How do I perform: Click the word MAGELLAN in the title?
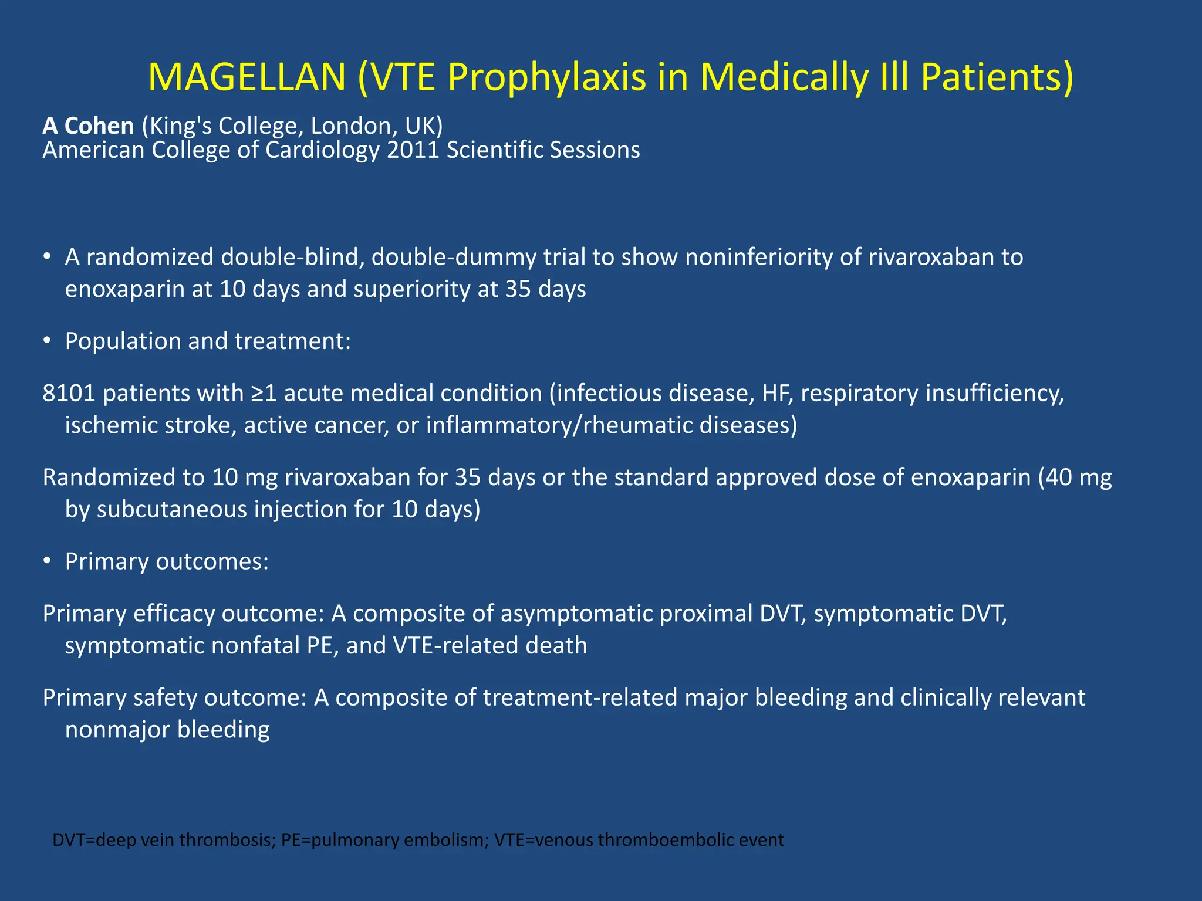(247, 77)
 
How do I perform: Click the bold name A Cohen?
(88, 126)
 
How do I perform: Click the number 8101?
(69, 394)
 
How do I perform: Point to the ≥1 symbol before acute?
(264, 394)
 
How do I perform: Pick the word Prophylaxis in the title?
(546, 77)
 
